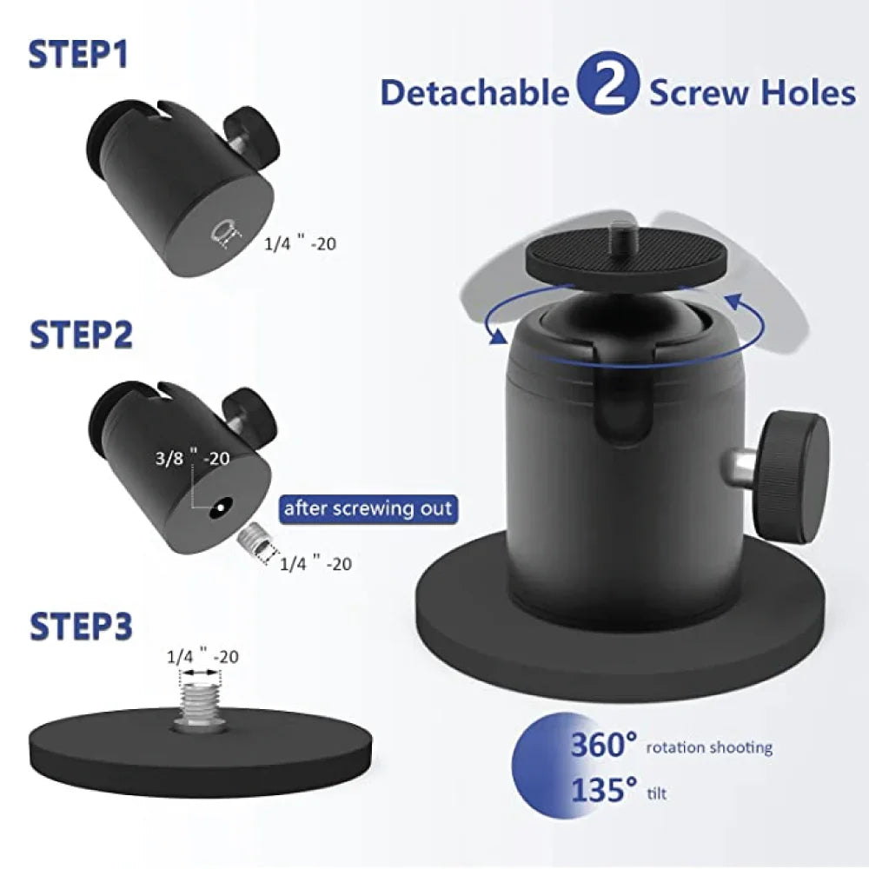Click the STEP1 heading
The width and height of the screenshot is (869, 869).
click(79, 53)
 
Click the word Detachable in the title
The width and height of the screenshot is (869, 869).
click(474, 92)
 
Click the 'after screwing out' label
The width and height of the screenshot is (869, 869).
click(368, 507)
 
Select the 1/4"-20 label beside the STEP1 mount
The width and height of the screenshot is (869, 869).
click(300, 243)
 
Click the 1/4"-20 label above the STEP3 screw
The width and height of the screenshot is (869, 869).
click(202, 657)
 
